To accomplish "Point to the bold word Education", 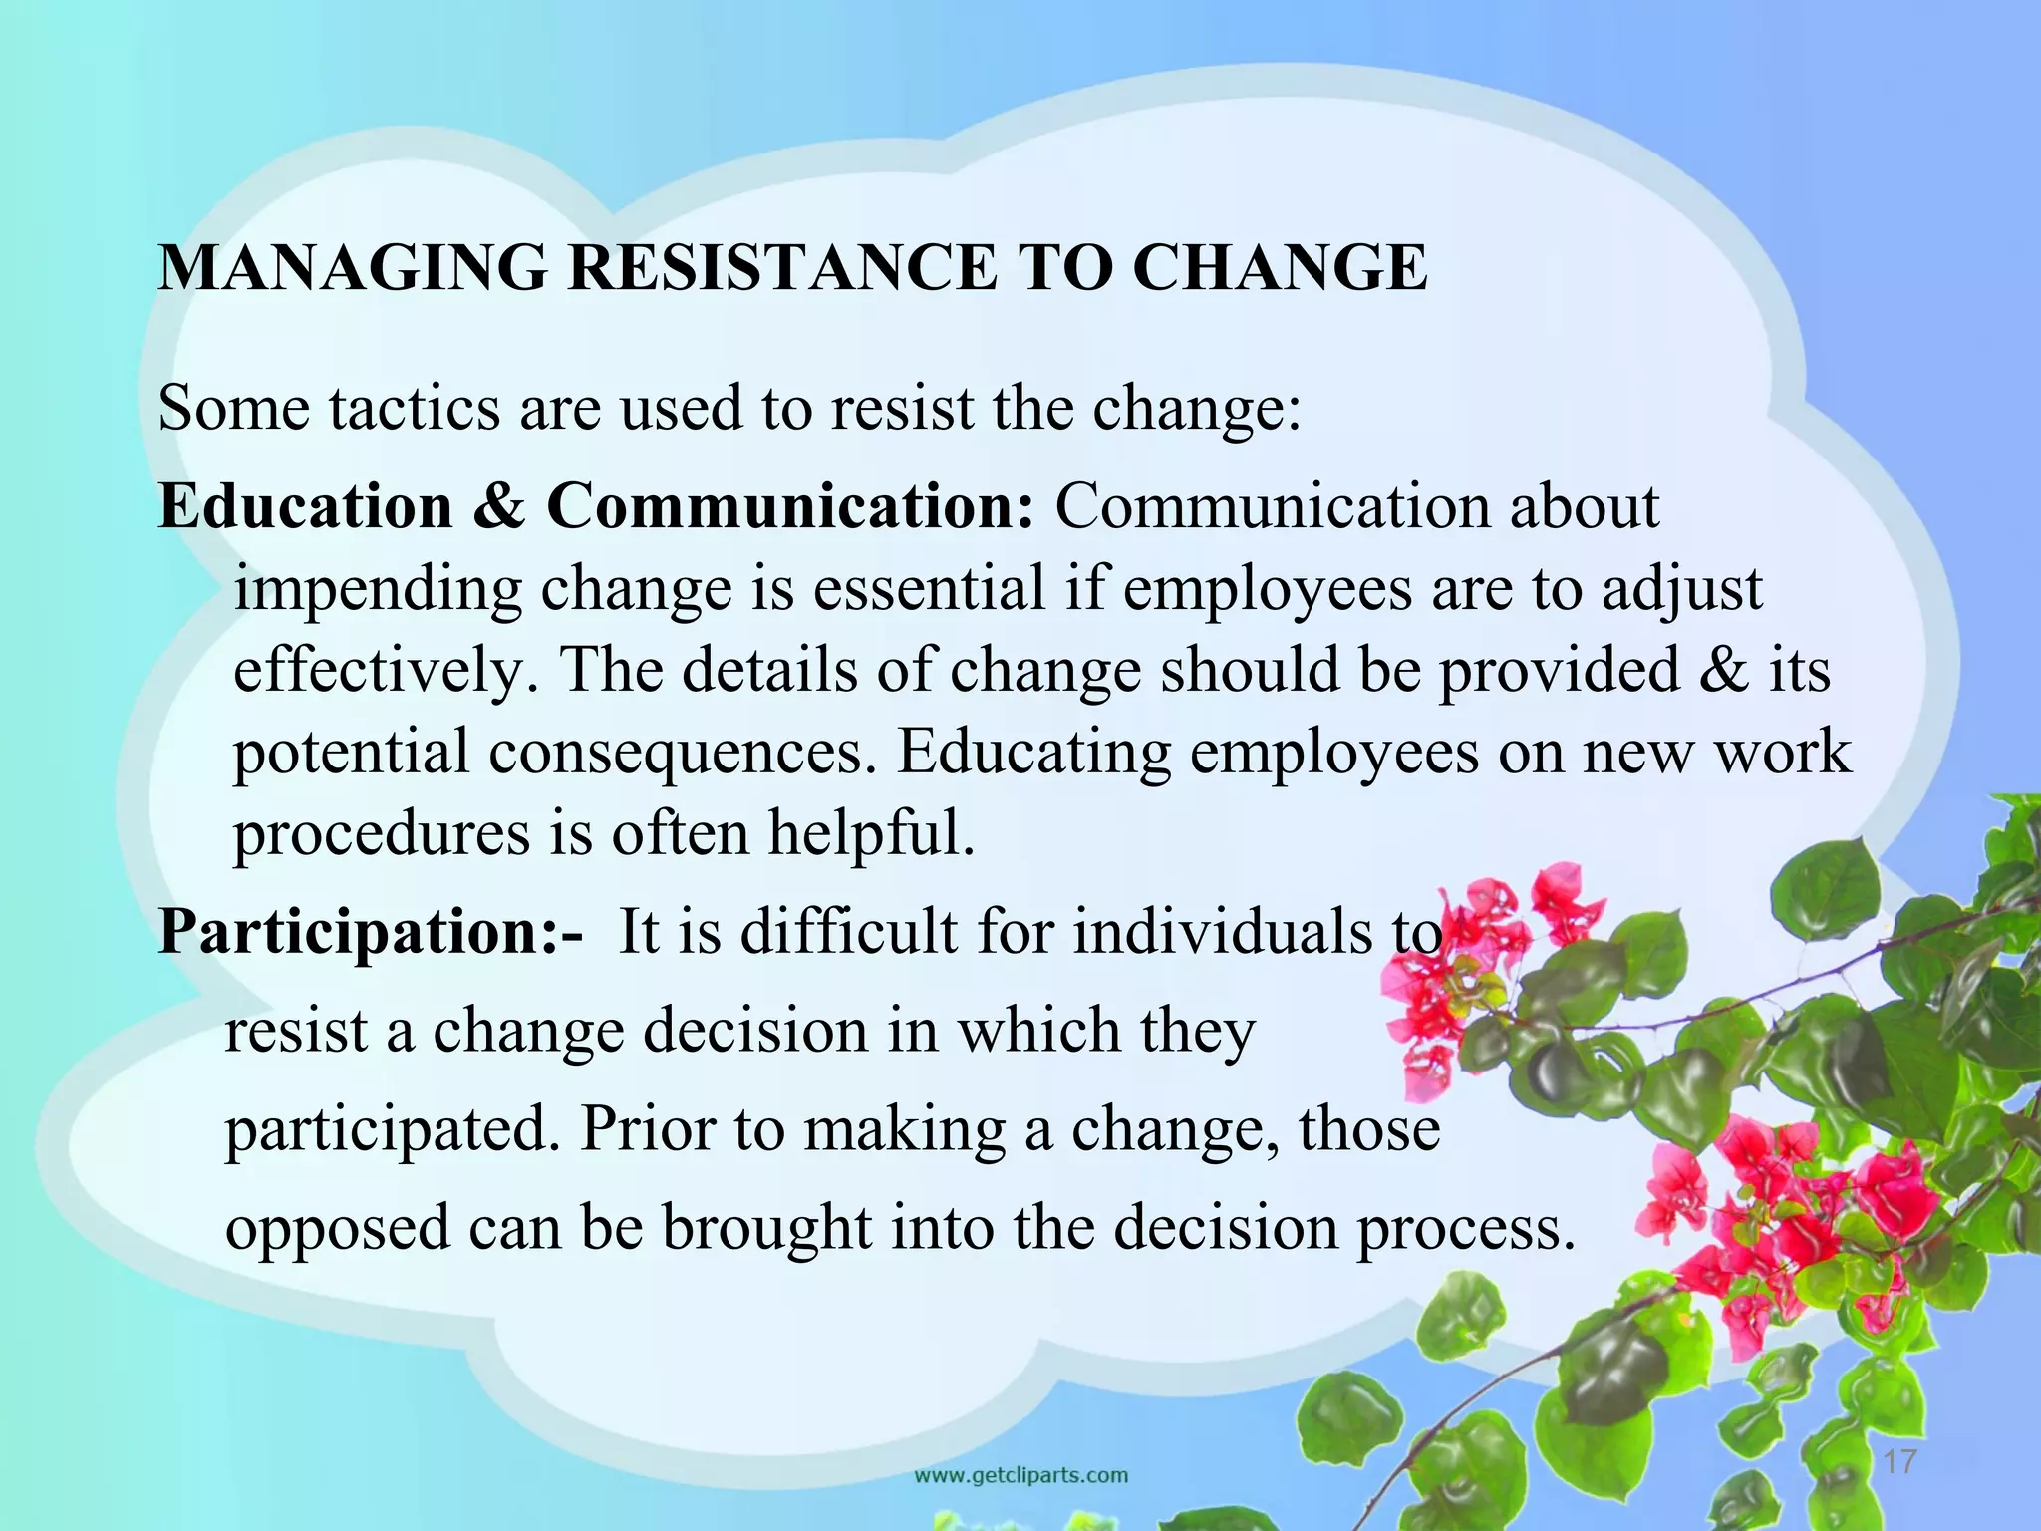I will pyautogui.click(x=305, y=506).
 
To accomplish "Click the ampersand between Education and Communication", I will pyautogui.click(x=498, y=506).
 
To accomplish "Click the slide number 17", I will pyautogui.click(x=1900, y=1462).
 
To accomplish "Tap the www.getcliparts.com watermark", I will pyautogui.click(x=1021, y=1475).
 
